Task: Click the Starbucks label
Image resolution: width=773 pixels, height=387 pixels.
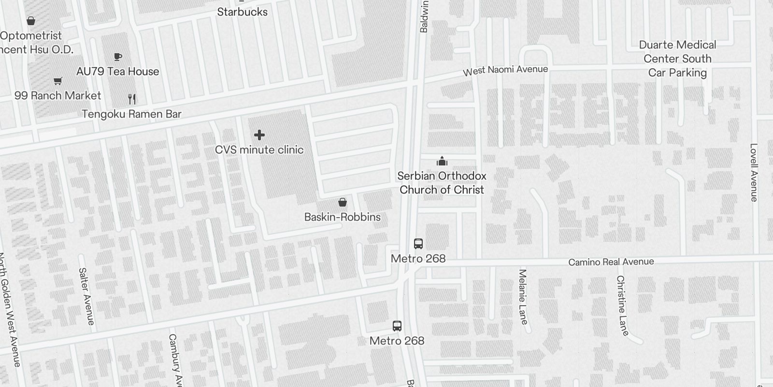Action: pos(242,12)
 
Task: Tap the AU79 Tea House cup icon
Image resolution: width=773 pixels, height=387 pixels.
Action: pos(117,57)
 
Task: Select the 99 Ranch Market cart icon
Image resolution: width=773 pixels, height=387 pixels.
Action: pos(58,81)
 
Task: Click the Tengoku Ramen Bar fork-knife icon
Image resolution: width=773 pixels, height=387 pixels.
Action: pos(132,99)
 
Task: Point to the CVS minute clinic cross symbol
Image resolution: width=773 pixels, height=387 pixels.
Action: pos(259,135)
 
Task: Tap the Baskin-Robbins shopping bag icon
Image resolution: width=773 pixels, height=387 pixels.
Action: pos(343,202)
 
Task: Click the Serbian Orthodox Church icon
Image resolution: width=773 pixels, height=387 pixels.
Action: pos(442,161)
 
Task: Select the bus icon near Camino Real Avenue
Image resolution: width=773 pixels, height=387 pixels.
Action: pos(418,244)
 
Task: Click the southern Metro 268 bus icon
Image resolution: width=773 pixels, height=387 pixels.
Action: pos(397,326)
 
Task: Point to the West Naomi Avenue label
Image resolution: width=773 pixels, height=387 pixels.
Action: pos(505,71)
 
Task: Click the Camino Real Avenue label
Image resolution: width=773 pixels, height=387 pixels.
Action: pos(611,262)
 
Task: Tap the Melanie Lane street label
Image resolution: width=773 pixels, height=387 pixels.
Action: pos(522,297)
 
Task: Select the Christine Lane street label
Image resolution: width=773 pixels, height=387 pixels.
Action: pos(622,305)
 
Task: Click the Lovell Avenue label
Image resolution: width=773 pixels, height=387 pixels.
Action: pos(754,172)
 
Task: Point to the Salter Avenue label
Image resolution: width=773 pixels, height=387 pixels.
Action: pos(86,296)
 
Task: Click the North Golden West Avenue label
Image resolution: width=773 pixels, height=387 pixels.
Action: pos(9,310)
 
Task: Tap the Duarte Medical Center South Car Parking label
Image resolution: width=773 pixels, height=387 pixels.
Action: pos(677,59)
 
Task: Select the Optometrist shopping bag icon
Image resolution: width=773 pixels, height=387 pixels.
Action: pos(31,21)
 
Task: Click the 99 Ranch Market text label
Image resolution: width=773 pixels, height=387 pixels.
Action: pos(58,95)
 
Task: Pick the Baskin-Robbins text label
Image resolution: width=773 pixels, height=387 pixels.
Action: pos(343,217)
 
